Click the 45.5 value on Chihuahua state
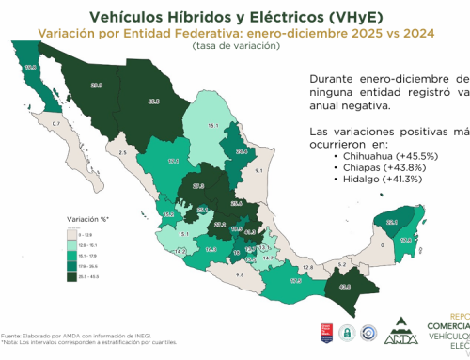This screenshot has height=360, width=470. (154, 102)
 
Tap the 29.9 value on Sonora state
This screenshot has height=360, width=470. (96, 85)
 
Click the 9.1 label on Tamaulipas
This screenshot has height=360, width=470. (258, 172)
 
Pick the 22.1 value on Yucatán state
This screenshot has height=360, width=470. (392, 222)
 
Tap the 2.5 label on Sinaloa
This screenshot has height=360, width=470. (122, 150)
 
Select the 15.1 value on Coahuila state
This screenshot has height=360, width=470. (213, 125)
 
